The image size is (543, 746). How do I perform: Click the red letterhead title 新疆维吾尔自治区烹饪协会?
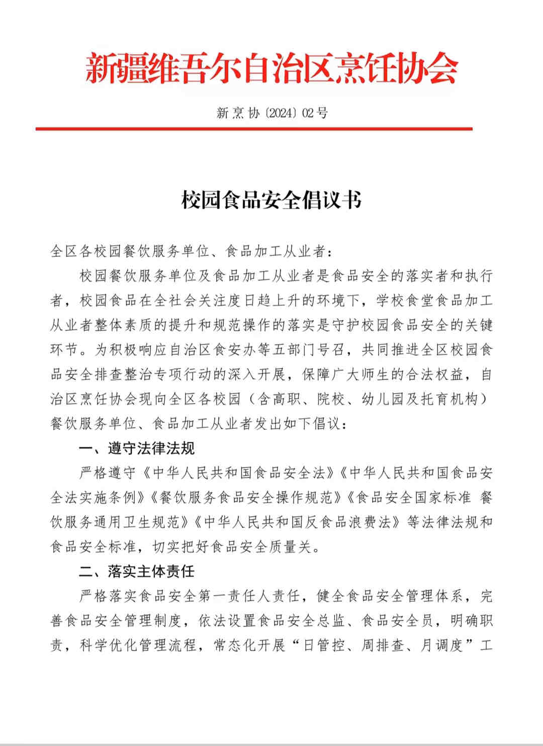tap(271, 69)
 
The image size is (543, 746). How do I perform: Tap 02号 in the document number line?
tap(315, 113)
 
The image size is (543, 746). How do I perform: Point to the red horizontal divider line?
tap(254, 129)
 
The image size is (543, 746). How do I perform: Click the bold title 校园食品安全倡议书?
tap(271, 200)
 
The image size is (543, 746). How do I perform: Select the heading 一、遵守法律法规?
tap(137, 448)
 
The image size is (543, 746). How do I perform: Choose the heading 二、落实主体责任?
tap(137, 572)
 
